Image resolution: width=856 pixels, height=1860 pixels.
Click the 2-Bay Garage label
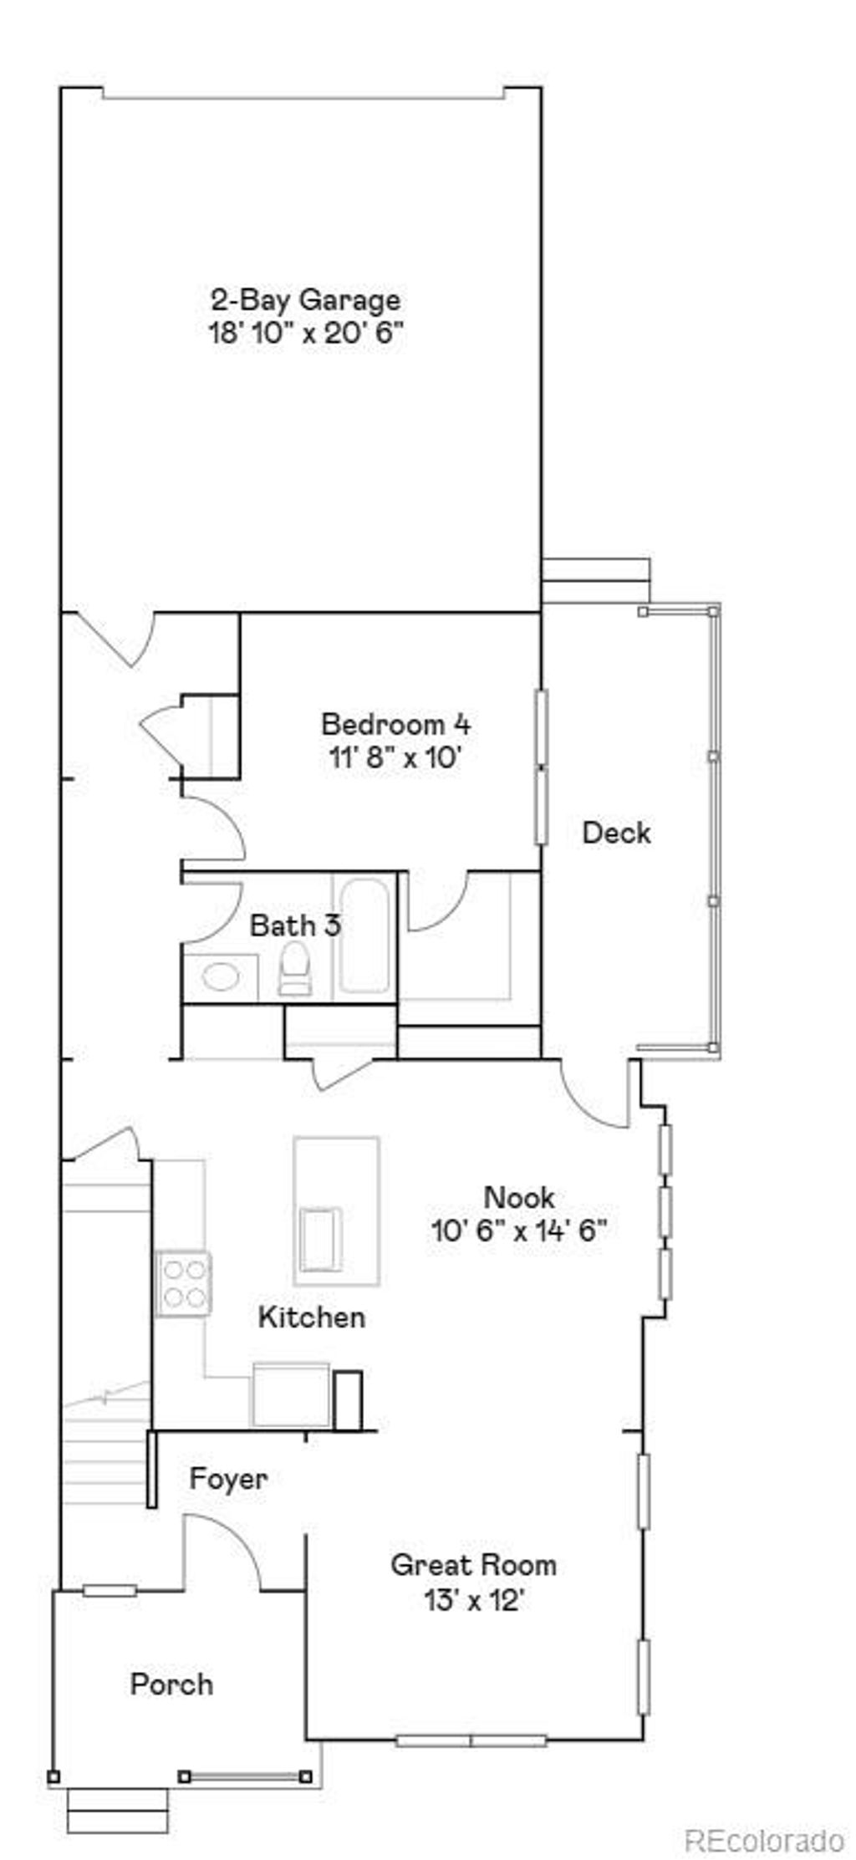pyautogui.click(x=305, y=299)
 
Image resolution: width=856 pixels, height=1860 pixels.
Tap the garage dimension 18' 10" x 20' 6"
pyautogui.click(x=305, y=334)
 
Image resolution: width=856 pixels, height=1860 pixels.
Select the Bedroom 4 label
pyautogui.click(x=395, y=723)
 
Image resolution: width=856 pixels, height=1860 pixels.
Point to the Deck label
pyautogui.click(x=616, y=833)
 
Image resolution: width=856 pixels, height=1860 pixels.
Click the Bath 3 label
pyautogui.click(x=295, y=925)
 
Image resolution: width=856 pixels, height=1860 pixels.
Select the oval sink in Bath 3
pyautogui.click(x=221, y=976)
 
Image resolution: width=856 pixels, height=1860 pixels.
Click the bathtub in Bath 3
pyautogui.click(x=364, y=936)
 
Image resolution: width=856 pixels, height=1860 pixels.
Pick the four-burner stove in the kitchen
pyautogui.click(x=184, y=1283)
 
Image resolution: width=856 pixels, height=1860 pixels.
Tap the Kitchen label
pyautogui.click(x=311, y=1317)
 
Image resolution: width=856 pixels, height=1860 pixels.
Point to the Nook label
pyautogui.click(x=518, y=1197)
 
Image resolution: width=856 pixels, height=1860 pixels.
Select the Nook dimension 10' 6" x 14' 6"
pyautogui.click(x=518, y=1231)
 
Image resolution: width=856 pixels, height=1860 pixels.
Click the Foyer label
pyautogui.click(x=228, y=1479)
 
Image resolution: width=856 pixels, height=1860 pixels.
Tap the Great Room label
pyautogui.click(x=473, y=1565)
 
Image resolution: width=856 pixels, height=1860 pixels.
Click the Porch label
pyautogui.click(x=171, y=1684)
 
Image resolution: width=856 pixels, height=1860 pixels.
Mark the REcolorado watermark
pyautogui.click(x=764, y=1840)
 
